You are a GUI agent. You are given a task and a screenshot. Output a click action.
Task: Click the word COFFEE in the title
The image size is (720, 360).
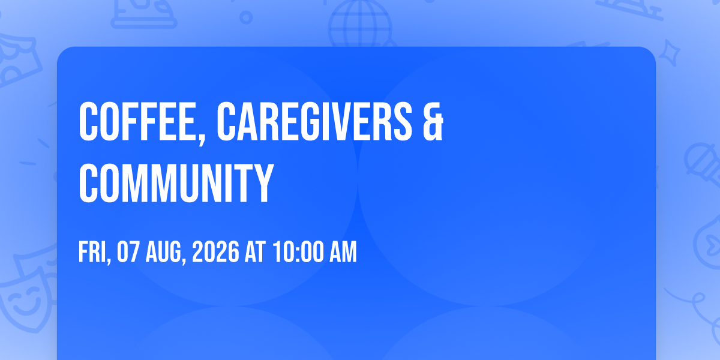point(137,121)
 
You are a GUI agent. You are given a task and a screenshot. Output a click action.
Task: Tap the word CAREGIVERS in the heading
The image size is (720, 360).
point(314,121)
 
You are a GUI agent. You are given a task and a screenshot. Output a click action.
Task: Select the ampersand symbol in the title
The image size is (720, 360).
point(433,121)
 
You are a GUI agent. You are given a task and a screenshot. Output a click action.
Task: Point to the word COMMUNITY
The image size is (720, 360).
point(176,183)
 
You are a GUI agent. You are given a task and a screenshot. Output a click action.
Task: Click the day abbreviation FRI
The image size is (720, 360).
point(92,252)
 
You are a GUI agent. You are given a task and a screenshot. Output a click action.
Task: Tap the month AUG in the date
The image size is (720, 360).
point(163,252)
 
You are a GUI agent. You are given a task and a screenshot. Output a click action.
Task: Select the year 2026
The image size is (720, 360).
point(215,252)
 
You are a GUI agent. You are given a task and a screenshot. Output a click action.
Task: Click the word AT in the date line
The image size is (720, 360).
point(255,252)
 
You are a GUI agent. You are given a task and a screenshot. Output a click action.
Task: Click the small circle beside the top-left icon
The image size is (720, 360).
point(246,17)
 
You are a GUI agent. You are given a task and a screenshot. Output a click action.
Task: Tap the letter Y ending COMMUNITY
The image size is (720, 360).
point(262,183)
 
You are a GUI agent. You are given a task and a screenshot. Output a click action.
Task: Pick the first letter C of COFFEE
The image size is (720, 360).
point(88,121)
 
